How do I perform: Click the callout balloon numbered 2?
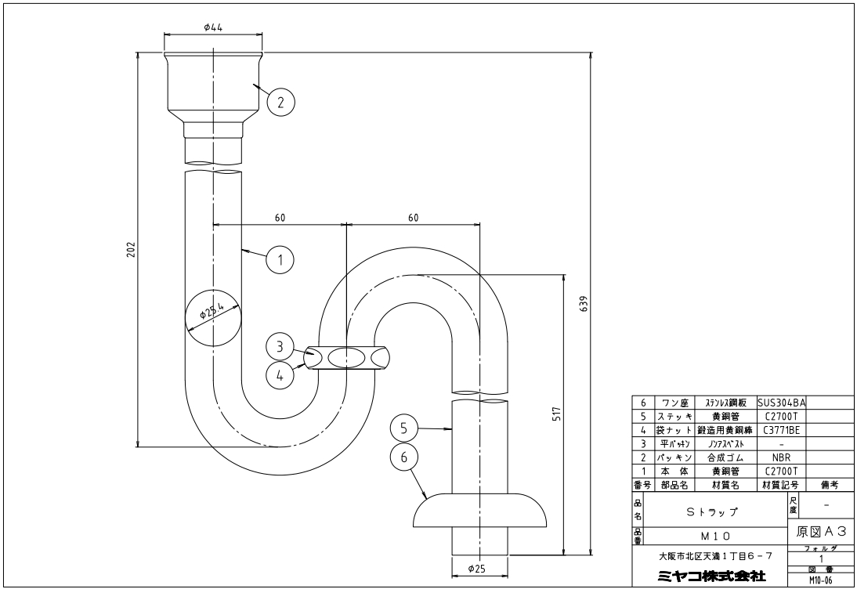[281, 102]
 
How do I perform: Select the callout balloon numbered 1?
[280, 259]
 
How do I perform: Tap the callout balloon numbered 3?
[280, 347]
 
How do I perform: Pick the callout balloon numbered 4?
[280, 375]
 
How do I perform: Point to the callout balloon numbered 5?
[404, 428]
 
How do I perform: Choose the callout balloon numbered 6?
[404, 457]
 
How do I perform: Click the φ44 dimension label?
[213, 27]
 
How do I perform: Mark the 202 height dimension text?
[131, 250]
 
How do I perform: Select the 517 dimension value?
[557, 414]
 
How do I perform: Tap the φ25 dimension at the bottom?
[476, 569]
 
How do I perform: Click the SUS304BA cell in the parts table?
[782, 403]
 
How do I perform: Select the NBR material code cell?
[782, 457]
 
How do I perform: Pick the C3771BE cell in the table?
[782, 430]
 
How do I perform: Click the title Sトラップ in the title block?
[711, 512]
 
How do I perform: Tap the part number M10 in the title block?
[715, 536]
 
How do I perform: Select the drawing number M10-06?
[822, 581]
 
